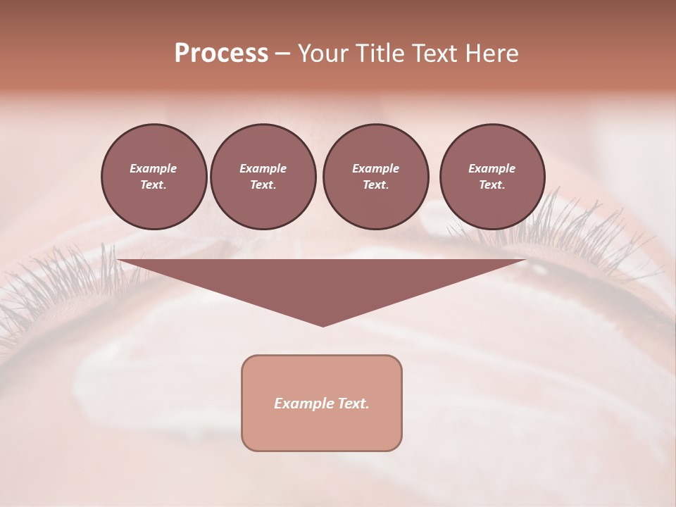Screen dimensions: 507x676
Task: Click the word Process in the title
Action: pos(221,54)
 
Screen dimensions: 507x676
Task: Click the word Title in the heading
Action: pos(377,54)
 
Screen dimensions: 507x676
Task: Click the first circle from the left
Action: pos(154,177)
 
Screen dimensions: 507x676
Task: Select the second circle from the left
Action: pos(263,177)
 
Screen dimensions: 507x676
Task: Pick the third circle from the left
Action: pos(375,177)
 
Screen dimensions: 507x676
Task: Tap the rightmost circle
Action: pos(492,177)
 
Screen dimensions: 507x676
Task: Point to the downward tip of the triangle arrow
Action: pos(323,325)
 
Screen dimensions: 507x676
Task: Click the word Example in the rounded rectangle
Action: pos(304,403)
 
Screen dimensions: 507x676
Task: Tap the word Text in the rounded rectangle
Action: pos(353,403)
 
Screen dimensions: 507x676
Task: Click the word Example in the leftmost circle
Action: pos(154,169)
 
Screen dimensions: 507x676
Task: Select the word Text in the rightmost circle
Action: pos(492,185)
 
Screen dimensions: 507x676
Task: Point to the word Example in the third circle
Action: pos(375,169)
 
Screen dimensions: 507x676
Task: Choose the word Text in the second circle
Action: pos(263,185)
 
